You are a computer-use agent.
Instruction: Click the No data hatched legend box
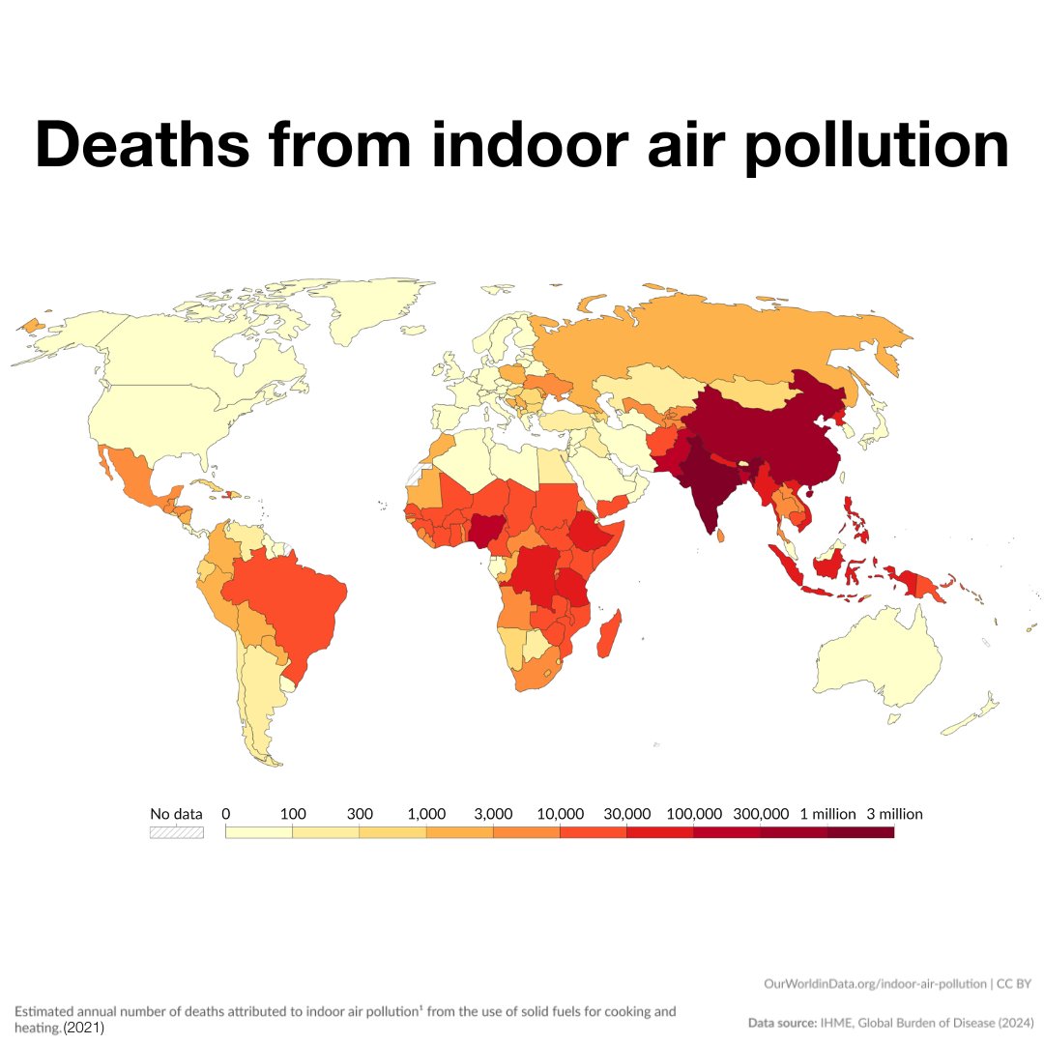click(176, 832)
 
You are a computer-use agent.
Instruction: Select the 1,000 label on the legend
click(426, 814)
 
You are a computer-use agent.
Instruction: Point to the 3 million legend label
click(894, 814)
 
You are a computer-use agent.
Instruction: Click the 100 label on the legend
click(293, 814)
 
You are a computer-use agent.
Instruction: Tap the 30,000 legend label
click(626, 814)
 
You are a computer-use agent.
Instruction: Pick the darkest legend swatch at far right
click(860, 832)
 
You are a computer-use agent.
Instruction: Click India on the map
click(706, 483)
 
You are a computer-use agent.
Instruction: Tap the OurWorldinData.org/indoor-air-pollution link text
click(874, 983)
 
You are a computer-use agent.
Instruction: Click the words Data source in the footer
click(781, 1021)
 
